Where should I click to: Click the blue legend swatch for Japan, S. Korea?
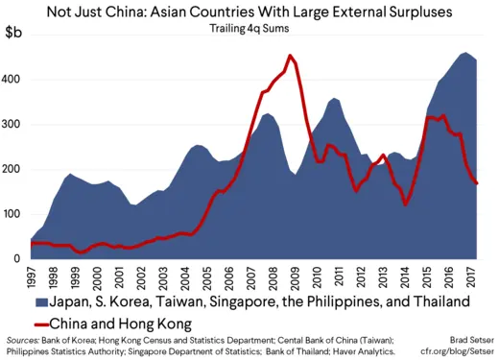[20, 301]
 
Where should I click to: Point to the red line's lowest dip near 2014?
[406, 204]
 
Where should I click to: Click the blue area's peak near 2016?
[440, 53]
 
